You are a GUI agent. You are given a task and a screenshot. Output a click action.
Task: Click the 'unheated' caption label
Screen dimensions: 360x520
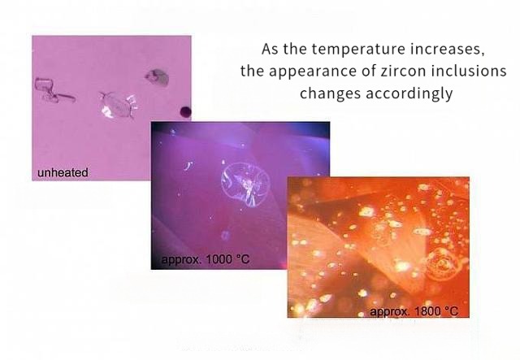coord(63,172)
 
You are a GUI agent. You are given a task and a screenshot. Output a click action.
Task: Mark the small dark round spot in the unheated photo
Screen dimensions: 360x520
coord(185,112)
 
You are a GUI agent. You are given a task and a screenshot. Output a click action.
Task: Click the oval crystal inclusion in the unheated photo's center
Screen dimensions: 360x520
coord(117,104)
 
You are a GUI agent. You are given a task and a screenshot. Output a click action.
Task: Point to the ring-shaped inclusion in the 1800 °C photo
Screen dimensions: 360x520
coord(442,263)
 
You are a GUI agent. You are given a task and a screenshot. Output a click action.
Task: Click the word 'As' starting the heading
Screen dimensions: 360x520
coord(269,47)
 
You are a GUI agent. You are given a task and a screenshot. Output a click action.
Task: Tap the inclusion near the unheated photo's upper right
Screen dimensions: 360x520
coord(156,77)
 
